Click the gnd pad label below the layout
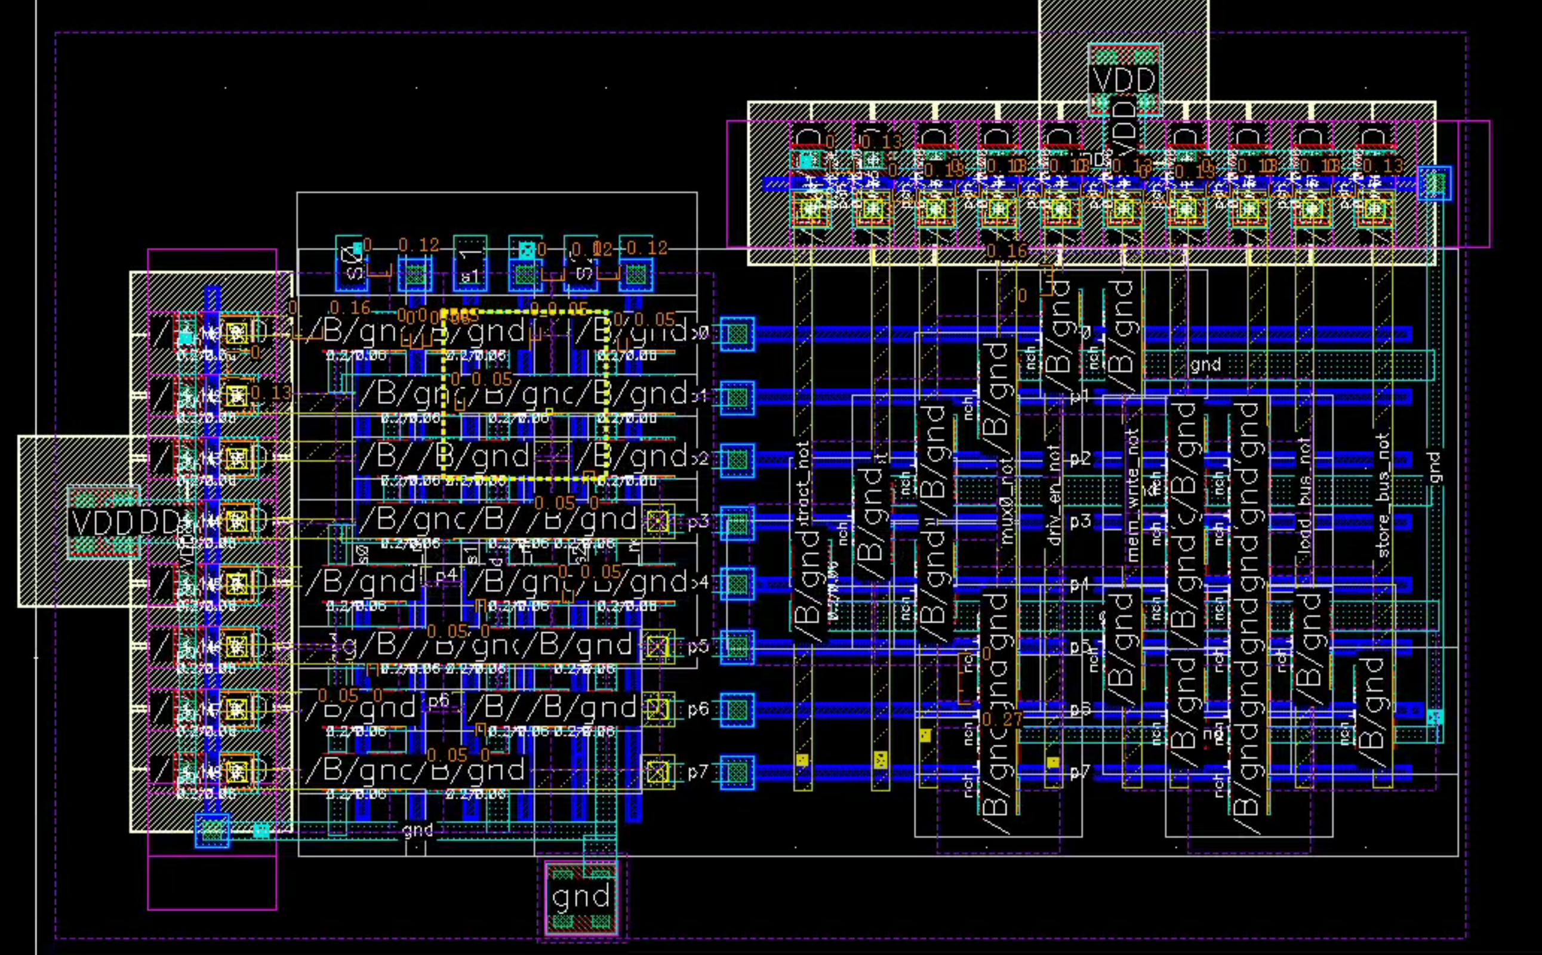tap(580, 897)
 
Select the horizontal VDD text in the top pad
tap(1124, 80)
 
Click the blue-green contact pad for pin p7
tap(737, 772)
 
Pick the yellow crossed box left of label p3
tap(657, 522)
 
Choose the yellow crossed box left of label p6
tap(657, 708)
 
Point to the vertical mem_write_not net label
tap(1132, 496)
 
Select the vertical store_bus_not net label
tap(1383, 496)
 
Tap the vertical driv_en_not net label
tap(1053, 496)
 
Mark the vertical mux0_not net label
tap(1008, 502)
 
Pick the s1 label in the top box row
tap(469, 276)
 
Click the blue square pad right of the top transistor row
tap(1434, 184)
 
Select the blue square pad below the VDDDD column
tap(213, 830)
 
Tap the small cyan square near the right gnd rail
tap(1435, 717)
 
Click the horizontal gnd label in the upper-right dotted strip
tap(1205, 365)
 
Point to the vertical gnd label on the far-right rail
tap(1435, 467)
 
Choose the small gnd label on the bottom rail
tap(417, 829)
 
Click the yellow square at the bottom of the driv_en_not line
tap(1052, 762)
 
